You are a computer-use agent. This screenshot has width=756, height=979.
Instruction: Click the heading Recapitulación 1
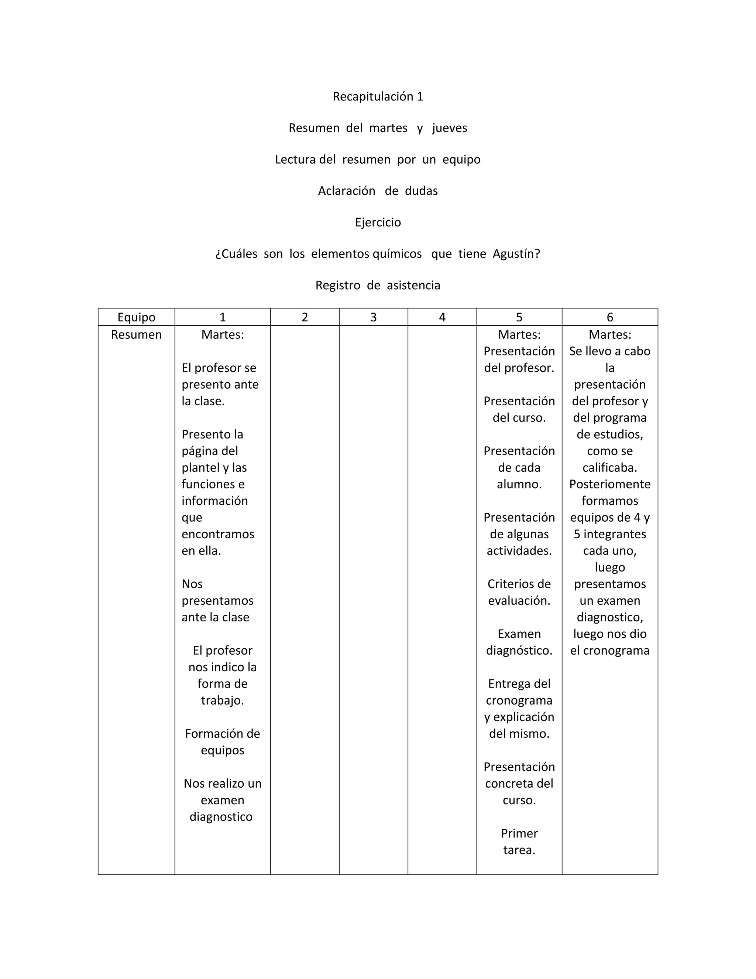378,96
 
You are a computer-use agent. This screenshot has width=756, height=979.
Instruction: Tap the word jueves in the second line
449,128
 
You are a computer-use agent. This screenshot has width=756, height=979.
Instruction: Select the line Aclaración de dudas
378,191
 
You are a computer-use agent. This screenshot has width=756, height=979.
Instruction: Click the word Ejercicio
378,222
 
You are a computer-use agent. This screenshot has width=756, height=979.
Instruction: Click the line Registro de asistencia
378,285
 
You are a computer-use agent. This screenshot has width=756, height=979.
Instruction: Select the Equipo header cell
136,317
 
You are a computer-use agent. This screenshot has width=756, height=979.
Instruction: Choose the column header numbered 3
373,317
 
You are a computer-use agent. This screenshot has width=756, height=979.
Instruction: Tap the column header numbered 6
609,317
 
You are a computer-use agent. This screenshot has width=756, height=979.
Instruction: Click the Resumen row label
136,334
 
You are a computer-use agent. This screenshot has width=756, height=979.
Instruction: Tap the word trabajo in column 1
222,700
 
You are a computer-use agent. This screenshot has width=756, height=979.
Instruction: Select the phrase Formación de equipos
222,742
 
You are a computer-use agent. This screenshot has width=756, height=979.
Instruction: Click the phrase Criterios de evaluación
519,592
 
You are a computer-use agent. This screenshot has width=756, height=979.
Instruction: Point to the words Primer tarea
519,841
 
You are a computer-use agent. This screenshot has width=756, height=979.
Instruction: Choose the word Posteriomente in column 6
609,484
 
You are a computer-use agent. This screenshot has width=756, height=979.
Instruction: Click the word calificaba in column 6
609,468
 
